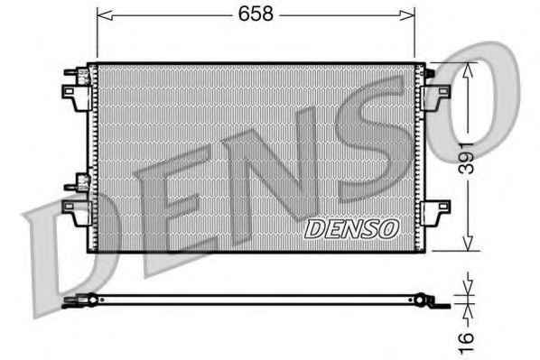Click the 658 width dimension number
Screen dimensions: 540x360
point(256,14)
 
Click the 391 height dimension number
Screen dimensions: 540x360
point(468,158)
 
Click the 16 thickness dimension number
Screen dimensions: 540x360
point(466,342)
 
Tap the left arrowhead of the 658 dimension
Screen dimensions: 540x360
point(105,15)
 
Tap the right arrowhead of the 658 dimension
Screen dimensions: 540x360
point(406,15)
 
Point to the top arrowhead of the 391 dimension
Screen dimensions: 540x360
point(468,71)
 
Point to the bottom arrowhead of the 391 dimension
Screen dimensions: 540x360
point(468,243)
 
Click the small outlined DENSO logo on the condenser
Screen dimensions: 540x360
point(351,229)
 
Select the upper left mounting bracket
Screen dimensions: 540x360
point(77,98)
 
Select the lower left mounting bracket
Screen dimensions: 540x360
point(77,213)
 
